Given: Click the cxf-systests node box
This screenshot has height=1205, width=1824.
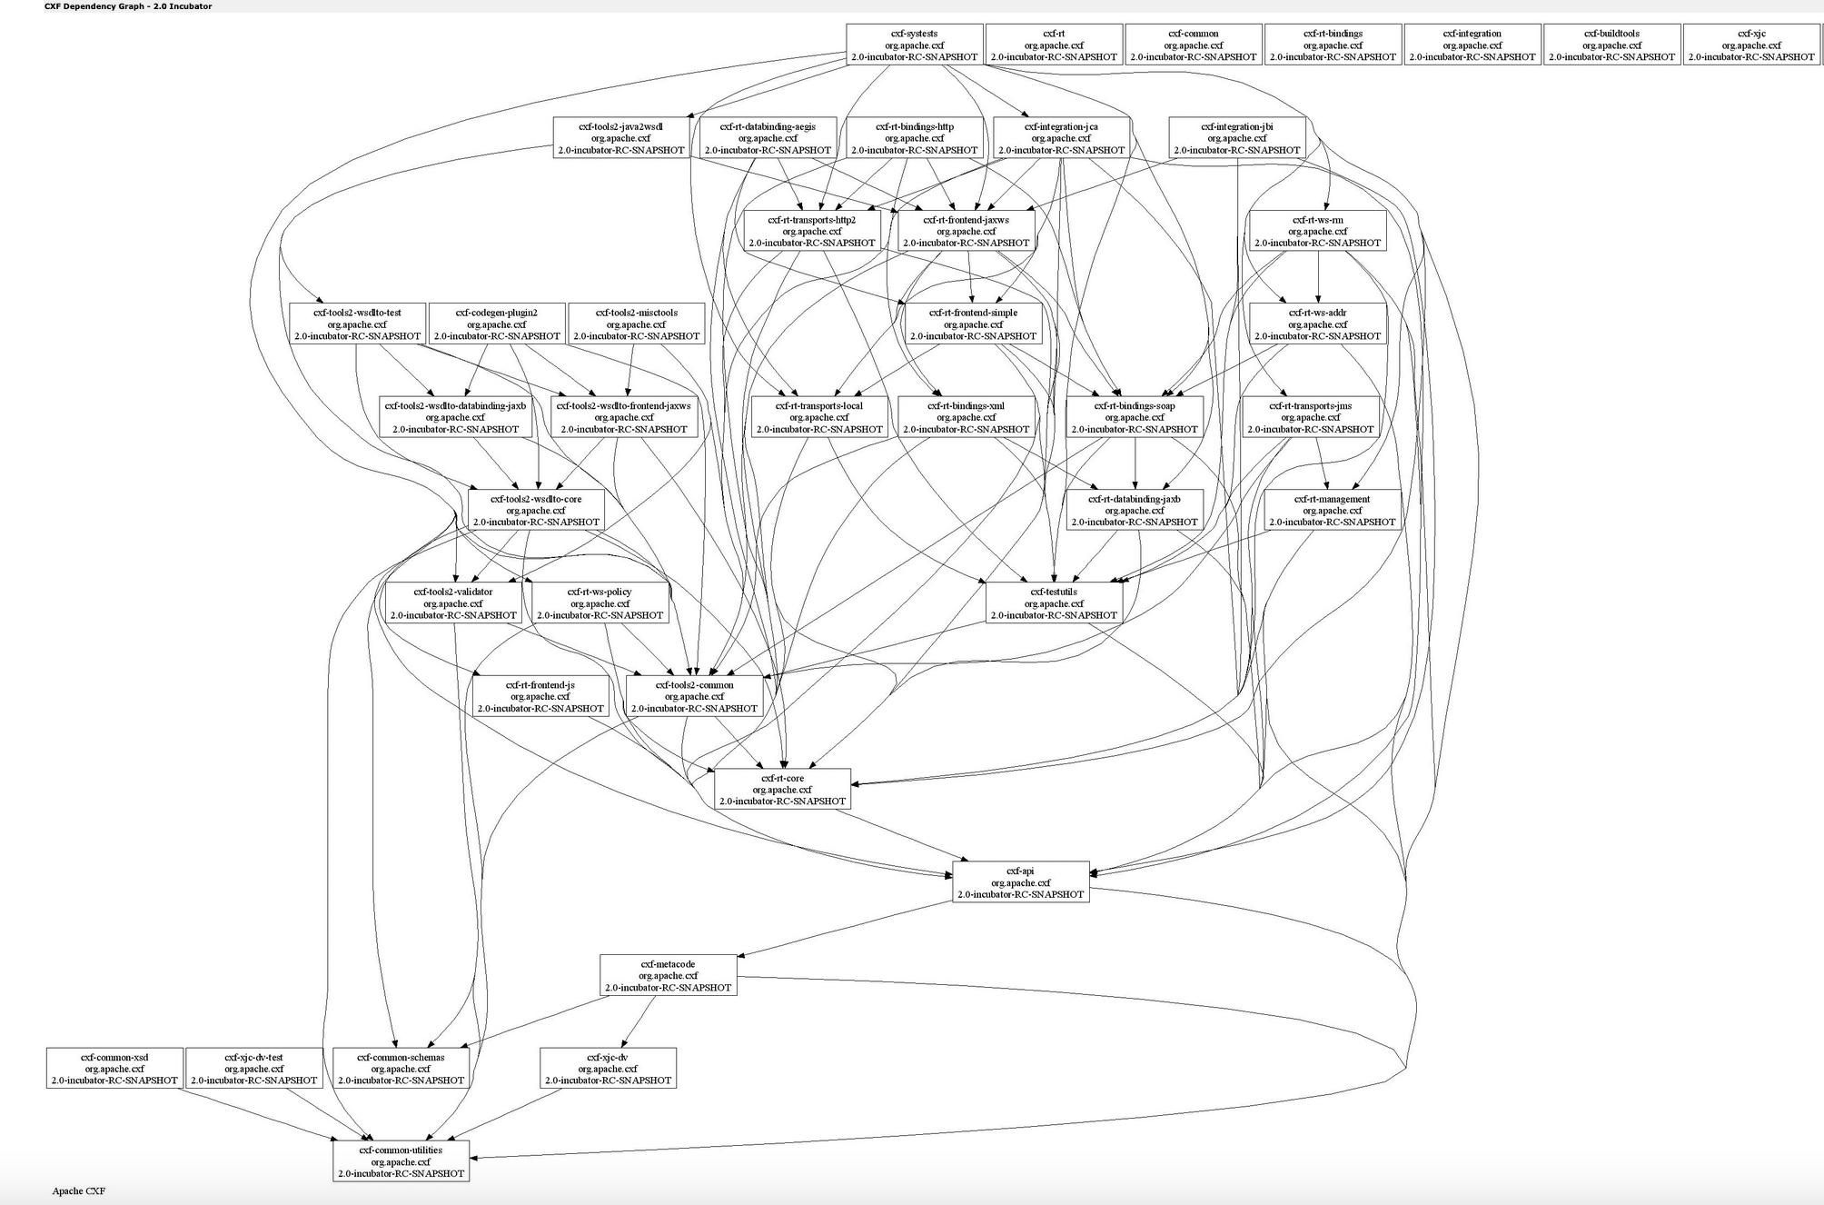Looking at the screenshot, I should point(914,45).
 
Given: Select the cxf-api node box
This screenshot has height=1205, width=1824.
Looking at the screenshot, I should point(1020,882).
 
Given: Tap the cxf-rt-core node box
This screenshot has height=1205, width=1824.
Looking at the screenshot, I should point(782,790).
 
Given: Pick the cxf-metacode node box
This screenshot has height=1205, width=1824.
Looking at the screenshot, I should point(668,975).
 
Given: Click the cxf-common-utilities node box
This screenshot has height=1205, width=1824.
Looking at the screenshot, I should point(401,1161).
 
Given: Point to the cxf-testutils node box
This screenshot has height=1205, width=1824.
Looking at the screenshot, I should point(1054,603).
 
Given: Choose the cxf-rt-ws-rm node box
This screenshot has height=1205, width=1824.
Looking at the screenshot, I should point(1317,231).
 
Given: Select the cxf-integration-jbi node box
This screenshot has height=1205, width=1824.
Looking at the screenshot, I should point(1236,138).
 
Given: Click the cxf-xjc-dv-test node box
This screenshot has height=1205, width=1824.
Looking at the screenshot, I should point(253,1069).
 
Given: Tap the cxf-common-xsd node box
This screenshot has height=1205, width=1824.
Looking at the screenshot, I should point(114,1069).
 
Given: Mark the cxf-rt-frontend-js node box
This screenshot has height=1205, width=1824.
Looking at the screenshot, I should point(540,696).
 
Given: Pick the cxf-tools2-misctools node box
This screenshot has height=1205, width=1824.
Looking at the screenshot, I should point(636,324).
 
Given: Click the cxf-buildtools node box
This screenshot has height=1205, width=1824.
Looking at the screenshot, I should point(1611,45).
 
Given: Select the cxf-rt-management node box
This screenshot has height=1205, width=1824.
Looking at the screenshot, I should point(1332,510).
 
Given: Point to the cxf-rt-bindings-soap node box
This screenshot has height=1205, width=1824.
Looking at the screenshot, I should point(1134,417).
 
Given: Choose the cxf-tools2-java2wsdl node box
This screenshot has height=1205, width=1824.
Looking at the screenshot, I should point(620,138).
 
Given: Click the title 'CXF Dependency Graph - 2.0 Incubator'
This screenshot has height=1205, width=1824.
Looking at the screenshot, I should point(128,6).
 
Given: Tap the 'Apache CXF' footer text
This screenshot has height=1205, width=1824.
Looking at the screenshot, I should point(78,1190).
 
